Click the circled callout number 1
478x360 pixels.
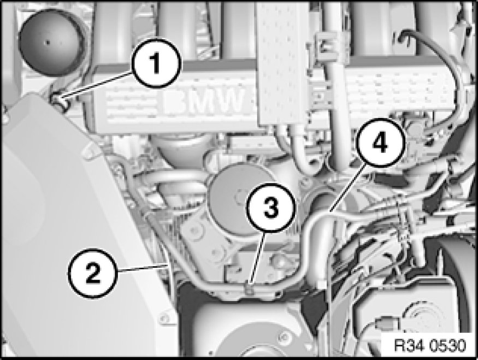(156, 63)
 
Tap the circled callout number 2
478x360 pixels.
(92, 273)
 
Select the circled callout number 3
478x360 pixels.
(271, 208)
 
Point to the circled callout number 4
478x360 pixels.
(380, 143)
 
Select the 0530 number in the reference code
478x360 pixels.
(448, 346)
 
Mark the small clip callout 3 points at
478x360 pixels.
(250, 288)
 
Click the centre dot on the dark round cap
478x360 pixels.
(46, 43)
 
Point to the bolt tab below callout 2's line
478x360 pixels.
(164, 318)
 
